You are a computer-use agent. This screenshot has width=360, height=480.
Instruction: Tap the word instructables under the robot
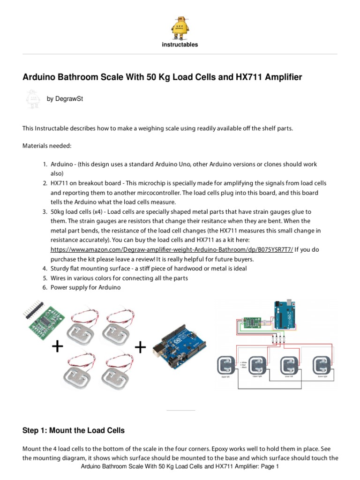click(x=180, y=45)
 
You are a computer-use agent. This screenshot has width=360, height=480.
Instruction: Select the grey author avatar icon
click(x=32, y=99)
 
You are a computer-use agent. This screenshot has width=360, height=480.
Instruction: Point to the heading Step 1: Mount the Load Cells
click(x=74, y=430)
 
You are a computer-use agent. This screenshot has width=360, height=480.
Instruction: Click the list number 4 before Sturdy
click(x=45, y=269)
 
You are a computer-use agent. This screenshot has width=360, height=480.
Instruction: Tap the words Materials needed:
click(x=47, y=146)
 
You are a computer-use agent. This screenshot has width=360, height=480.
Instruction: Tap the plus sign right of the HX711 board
click(x=57, y=347)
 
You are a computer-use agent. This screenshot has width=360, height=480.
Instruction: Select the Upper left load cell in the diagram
click(x=227, y=366)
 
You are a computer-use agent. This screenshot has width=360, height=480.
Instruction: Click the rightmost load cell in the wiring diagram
click(x=323, y=366)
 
